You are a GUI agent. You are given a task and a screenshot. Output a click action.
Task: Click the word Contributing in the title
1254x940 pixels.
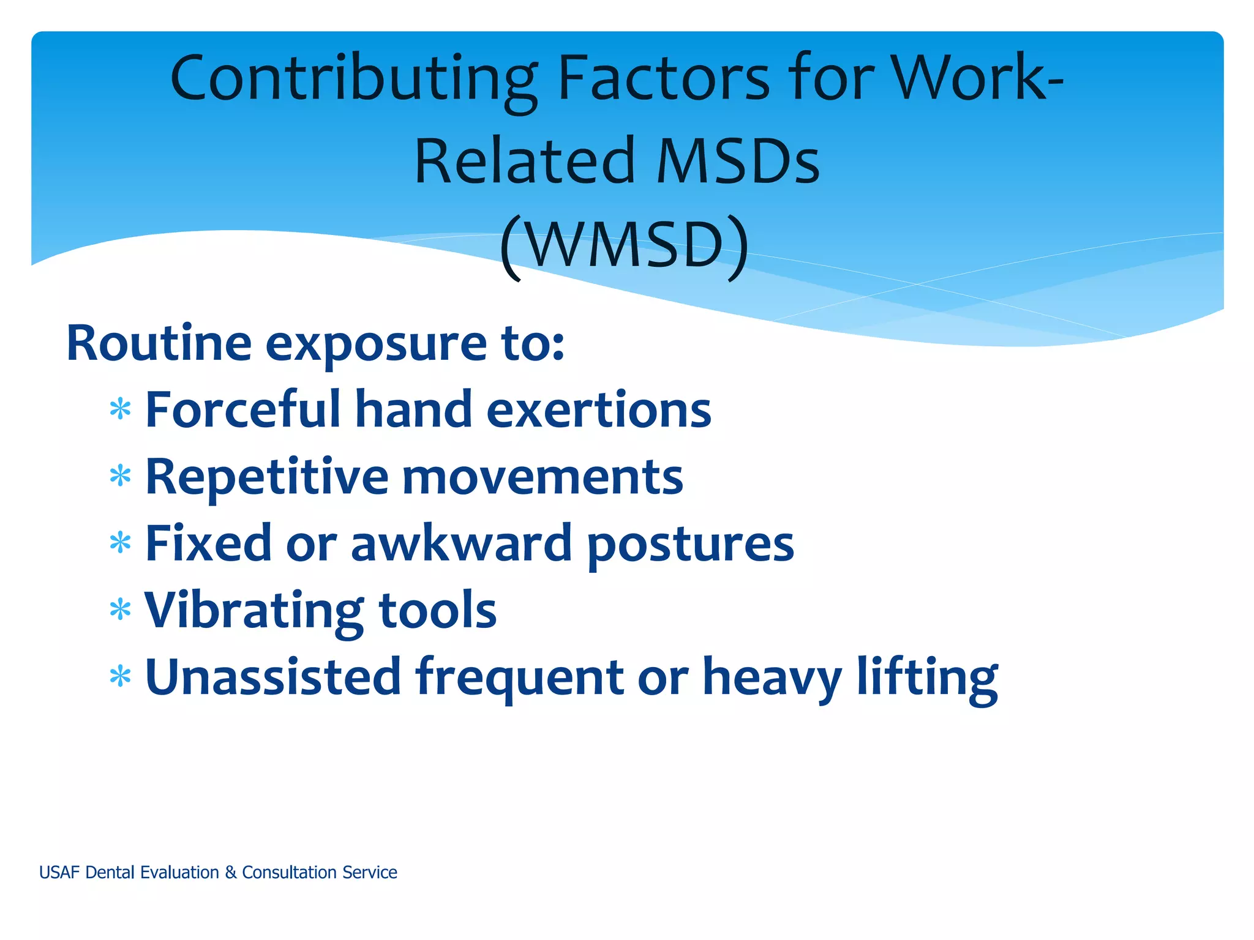pos(354,80)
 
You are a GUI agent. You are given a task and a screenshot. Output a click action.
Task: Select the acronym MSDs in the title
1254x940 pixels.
pos(737,162)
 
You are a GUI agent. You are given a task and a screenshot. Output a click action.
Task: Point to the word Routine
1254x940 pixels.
pos(159,343)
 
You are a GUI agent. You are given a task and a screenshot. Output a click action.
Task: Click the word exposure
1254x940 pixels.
pos(376,345)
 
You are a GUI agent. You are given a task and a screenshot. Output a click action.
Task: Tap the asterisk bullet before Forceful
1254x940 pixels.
pos(121,409)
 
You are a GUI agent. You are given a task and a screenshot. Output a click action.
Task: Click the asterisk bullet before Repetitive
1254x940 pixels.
pos(121,476)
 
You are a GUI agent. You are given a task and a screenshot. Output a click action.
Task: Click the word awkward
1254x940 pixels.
pos(461,543)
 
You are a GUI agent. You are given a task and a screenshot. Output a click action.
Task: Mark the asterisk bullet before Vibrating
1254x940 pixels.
pos(121,610)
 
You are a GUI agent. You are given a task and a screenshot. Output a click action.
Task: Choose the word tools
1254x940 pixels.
pos(437,610)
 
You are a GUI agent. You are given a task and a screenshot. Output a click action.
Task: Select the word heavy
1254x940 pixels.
pos(772,678)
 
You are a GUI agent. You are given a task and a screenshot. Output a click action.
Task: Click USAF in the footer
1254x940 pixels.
pos(59,872)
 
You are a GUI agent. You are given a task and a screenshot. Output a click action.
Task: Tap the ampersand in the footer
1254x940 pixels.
pos(230,872)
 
